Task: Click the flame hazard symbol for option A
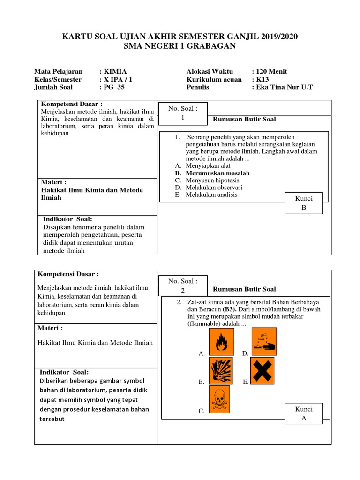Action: pyautogui.click(x=221, y=342)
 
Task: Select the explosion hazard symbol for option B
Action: pyautogui.click(x=221, y=370)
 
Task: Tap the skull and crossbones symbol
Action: pyautogui.click(x=219, y=399)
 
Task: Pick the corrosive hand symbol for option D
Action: pyautogui.click(x=264, y=342)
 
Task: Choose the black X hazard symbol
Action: pyautogui.click(x=262, y=370)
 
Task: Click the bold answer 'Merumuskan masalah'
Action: pyautogui.click(x=217, y=173)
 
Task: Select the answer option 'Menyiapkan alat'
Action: pyautogui.click(x=208, y=166)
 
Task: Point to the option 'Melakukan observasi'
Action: pyautogui.click(x=214, y=187)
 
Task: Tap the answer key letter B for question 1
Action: pyautogui.click(x=304, y=208)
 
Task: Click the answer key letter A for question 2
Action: pyautogui.click(x=304, y=418)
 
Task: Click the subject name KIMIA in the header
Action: pyautogui.click(x=115, y=72)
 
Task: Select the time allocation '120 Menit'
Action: pyautogui.click(x=271, y=72)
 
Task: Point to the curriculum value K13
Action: pyautogui.click(x=262, y=79)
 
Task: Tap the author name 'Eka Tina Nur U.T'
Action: pyautogui.click(x=285, y=87)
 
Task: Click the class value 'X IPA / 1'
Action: pyautogui.click(x=118, y=79)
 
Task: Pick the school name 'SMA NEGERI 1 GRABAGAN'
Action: pyautogui.click(x=180, y=46)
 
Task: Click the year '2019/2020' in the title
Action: pyautogui.click(x=279, y=37)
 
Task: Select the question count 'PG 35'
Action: pyautogui.click(x=114, y=87)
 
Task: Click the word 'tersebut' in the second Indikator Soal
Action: pyautogui.click(x=52, y=419)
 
